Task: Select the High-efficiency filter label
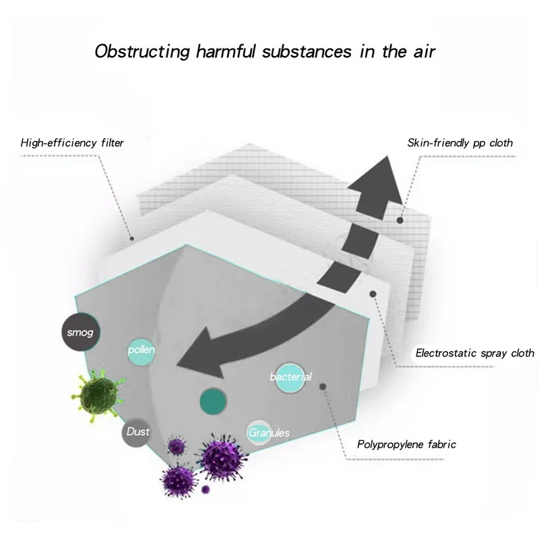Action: pyautogui.click(x=72, y=143)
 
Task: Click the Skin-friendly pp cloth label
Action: pyautogui.click(x=460, y=143)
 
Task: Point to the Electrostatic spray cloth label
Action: pyautogui.click(x=475, y=352)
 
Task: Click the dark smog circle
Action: pyautogui.click(x=80, y=333)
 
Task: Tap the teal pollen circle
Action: pyautogui.click(x=142, y=351)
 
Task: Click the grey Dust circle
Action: pyautogui.click(x=137, y=432)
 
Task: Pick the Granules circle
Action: pyautogui.click(x=267, y=432)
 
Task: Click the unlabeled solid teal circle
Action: pyautogui.click(x=212, y=401)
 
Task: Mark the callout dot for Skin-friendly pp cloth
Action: pyautogui.click(x=402, y=220)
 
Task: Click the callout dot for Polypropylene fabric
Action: pyautogui.click(x=323, y=387)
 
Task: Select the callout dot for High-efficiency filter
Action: pyautogui.click(x=133, y=238)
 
